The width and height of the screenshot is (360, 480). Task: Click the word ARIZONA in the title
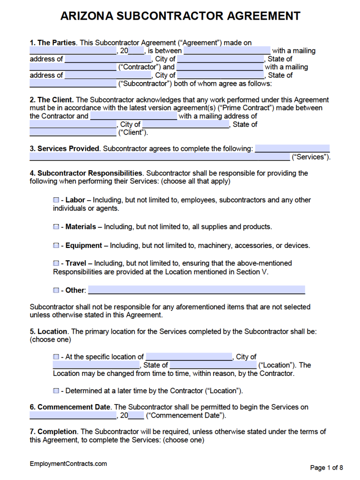click(x=86, y=16)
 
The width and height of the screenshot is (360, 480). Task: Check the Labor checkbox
click(x=56, y=200)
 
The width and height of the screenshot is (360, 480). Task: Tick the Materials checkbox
click(x=56, y=227)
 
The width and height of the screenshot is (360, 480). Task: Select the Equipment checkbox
click(x=56, y=246)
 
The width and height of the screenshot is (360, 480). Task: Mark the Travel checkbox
click(x=56, y=263)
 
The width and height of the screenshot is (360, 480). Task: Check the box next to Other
click(x=56, y=290)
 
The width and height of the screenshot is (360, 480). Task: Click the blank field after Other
click(x=196, y=290)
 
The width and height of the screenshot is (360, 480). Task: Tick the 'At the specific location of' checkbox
click(x=56, y=357)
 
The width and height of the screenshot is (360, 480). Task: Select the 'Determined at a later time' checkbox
click(x=56, y=390)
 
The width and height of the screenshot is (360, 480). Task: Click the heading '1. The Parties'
click(x=52, y=43)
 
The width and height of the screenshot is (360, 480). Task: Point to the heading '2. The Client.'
click(x=52, y=100)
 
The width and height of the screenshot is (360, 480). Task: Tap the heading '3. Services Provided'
click(x=65, y=149)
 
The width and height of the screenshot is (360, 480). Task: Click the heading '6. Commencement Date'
click(x=70, y=407)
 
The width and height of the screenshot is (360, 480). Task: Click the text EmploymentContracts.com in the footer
click(x=68, y=464)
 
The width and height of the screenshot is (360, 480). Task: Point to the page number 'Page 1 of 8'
click(x=327, y=467)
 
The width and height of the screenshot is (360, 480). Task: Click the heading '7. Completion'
click(x=53, y=431)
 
